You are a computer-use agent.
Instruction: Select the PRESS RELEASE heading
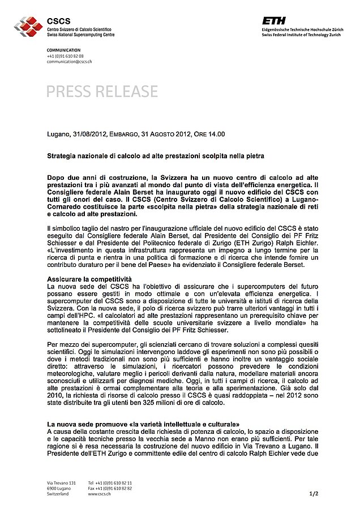[x=102, y=91]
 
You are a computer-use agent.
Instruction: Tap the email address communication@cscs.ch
[x=69, y=62]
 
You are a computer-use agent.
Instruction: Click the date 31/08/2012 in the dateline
[x=92, y=134]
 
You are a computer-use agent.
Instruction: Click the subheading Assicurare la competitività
[x=89, y=279]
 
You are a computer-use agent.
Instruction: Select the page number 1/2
[x=314, y=494]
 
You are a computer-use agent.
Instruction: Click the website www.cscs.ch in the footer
[x=100, y=494]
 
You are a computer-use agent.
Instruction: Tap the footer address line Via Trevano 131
[x=61, y=482]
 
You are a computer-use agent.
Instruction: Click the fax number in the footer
[x=110, y=488]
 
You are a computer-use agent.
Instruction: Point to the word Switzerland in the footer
[x=58, y=494]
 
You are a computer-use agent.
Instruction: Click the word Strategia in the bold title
[x=61, y=155]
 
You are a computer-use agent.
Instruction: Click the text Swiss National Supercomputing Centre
[x=80, y=34]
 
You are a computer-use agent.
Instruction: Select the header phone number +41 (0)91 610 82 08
[x=65, y=57]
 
